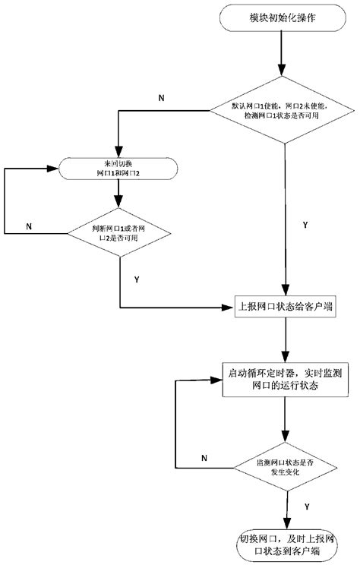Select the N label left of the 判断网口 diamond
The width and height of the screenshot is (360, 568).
30,226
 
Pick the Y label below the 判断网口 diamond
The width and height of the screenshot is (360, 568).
136,279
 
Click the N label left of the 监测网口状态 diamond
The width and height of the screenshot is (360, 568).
204,457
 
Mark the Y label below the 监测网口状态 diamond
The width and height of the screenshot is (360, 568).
305,506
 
